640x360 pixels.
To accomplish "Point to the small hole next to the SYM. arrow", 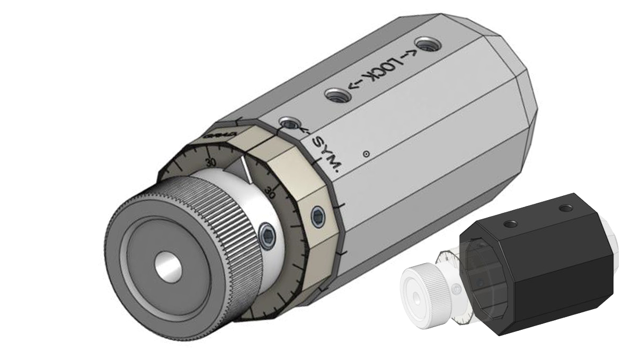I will [288, 124].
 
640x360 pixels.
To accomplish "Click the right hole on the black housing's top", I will [566, 209].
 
